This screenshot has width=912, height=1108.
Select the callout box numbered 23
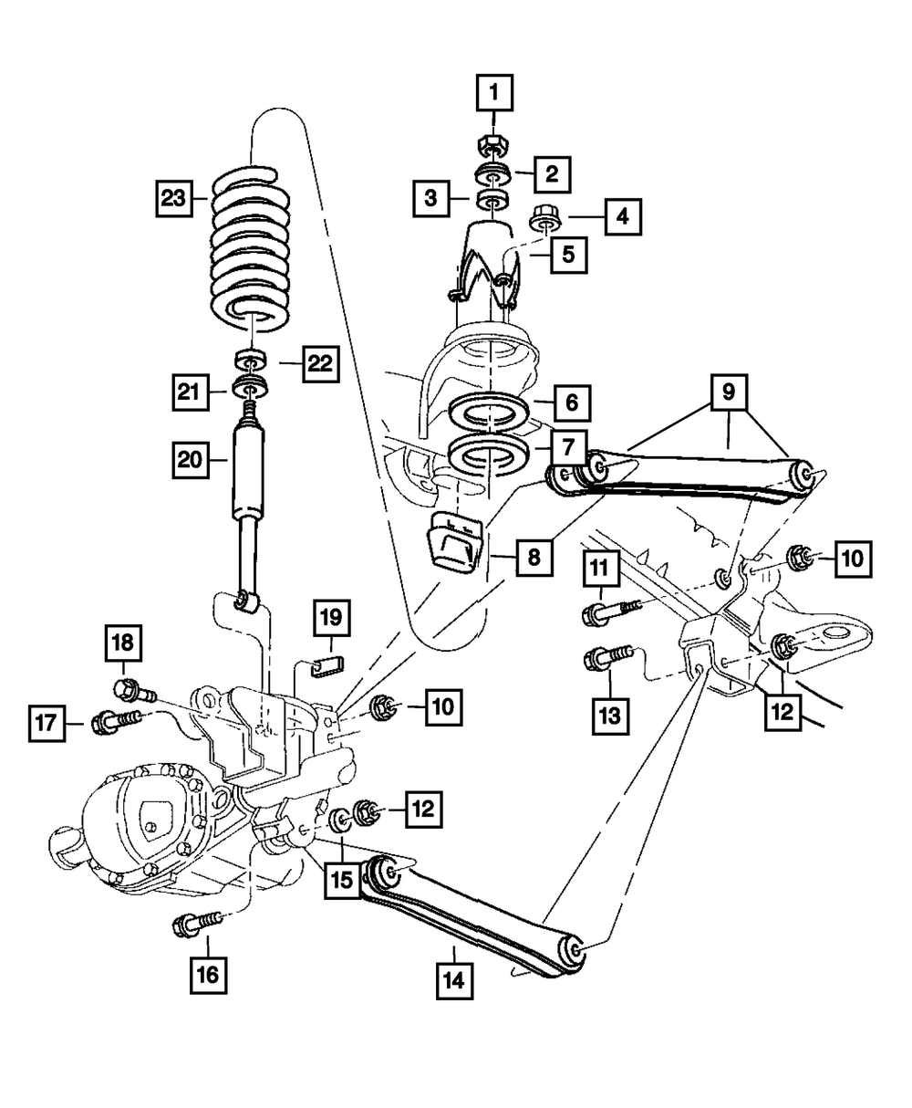click(173, 196)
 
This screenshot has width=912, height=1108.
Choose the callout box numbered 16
click(208, 975)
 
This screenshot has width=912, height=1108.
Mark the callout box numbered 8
click(534, 556)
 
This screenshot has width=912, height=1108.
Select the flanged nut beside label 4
click(544, 219)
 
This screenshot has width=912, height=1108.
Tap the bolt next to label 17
click(114, 722)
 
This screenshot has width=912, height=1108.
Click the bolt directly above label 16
click(195, 924)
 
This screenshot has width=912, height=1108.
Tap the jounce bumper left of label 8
click(453, 544)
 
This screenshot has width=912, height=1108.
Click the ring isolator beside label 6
click(490, 413)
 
